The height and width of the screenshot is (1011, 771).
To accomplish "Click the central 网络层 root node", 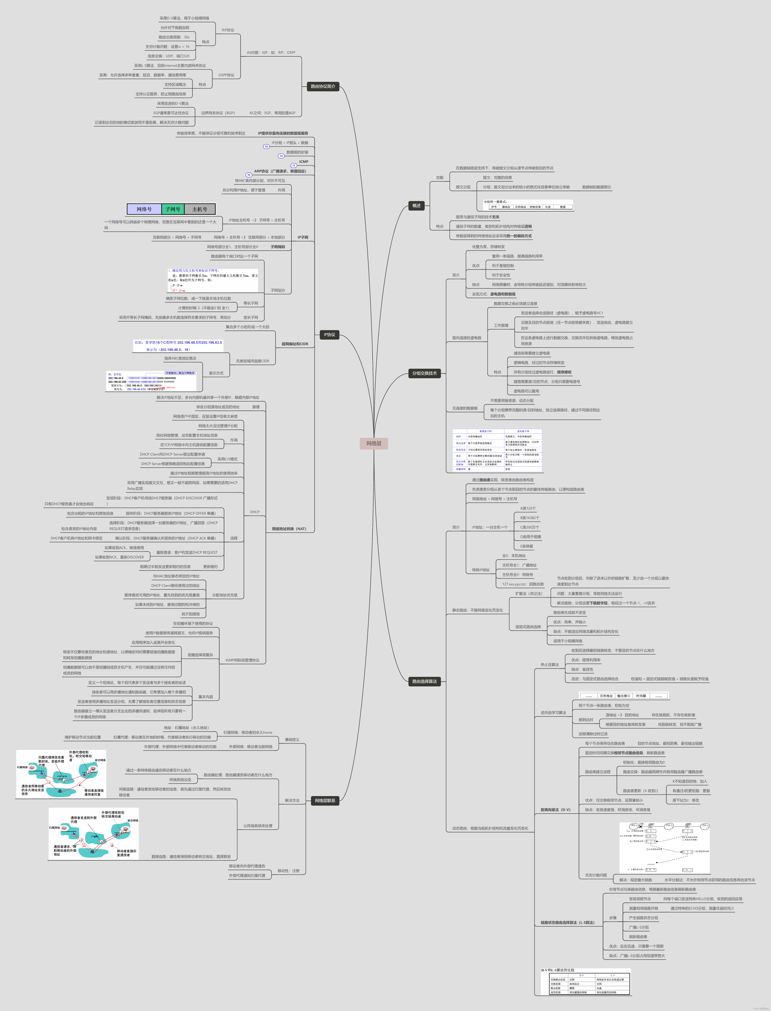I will point(374,443).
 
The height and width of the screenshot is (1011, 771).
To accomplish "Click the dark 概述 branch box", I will point(416,206).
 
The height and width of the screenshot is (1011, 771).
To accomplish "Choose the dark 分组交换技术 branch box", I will point(424,373).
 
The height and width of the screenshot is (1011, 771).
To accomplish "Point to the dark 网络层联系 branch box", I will point(325,800).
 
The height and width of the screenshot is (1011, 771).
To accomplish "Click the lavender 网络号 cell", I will point(144,209).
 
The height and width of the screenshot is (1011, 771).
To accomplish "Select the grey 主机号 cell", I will point(200,209).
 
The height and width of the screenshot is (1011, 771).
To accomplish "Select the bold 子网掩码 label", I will point(278,247).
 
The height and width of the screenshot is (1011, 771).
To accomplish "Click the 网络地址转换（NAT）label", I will point(289,529).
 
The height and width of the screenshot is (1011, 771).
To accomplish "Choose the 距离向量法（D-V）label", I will point(555,809).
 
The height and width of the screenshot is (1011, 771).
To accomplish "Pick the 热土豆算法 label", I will point(549,664).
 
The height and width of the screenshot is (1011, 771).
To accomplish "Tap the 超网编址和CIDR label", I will point(295,344).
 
